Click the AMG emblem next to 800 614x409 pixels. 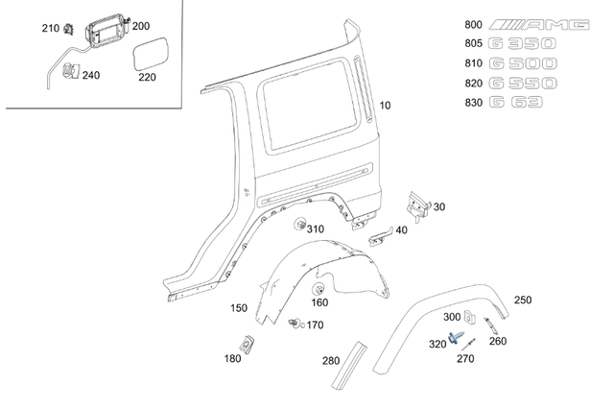pos(539,24)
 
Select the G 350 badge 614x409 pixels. pos(524,44)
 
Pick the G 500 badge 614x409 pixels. pos(524,63)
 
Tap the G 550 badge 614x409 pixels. pos(524,84)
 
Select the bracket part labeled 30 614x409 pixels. pos(417,203)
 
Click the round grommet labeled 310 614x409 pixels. pos(298,226)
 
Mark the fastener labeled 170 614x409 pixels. pos(296,324)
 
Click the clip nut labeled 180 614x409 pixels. pos(247,343)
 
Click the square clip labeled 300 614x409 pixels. pos(470,318)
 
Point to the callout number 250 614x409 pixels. pos(522,300)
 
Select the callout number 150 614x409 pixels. pos(238,308)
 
